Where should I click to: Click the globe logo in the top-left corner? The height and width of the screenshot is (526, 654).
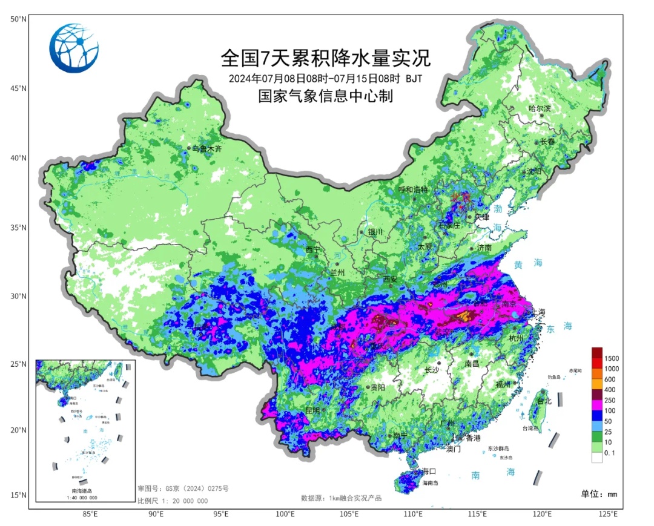[74, 48]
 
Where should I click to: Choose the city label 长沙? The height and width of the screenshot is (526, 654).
[432, 369]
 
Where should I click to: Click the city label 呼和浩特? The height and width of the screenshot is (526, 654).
[413, 189]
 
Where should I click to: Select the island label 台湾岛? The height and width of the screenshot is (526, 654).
[531, 428]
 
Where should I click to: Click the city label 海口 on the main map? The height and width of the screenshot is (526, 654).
[429, 471]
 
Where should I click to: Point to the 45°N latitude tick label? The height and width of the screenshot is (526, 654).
[18, 89]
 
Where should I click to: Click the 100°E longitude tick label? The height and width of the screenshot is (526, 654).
[285, 514]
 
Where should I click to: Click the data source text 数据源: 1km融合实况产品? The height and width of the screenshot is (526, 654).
[341, 498]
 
